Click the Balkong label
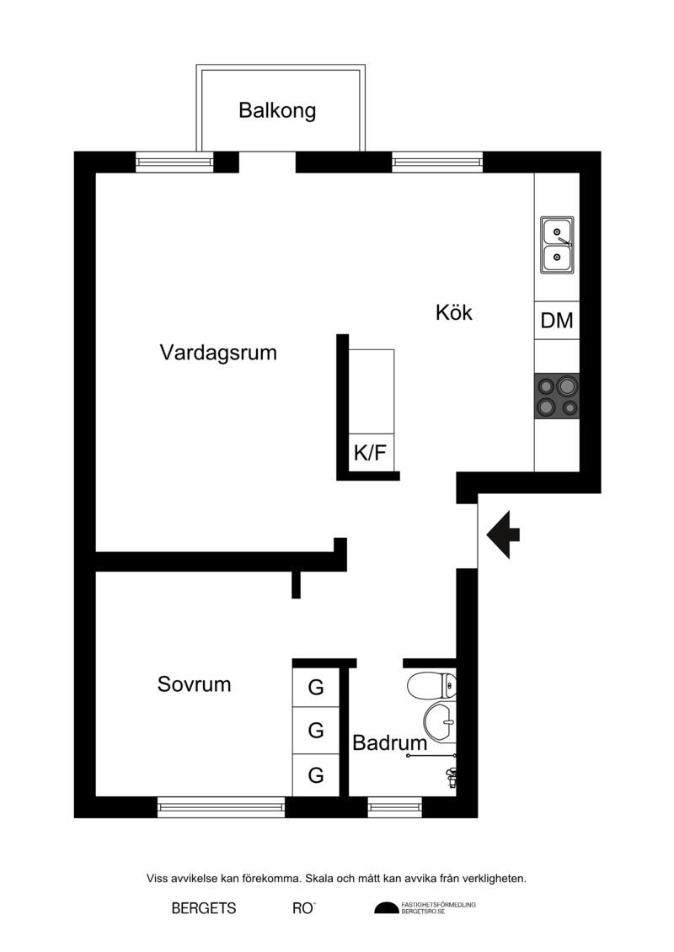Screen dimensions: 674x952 277,111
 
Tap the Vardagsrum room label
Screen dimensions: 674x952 218,353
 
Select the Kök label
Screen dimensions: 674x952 453,312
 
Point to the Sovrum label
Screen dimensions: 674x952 194,684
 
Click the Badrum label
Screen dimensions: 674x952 389,742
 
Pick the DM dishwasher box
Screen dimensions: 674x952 557,320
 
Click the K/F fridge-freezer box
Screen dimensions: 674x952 371,452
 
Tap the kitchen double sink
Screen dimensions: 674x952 557,245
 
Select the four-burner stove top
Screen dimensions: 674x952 557,396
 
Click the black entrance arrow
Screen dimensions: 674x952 503,535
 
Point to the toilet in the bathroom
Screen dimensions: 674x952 431,686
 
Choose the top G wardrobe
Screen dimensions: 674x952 315,688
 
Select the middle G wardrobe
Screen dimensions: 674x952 315,730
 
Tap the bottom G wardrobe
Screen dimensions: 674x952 315,774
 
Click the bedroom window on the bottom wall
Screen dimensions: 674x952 222,807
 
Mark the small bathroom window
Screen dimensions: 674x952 395,807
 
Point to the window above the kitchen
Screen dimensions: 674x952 437,162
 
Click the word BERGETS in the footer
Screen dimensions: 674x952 204,908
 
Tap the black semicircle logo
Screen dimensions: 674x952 386,908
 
